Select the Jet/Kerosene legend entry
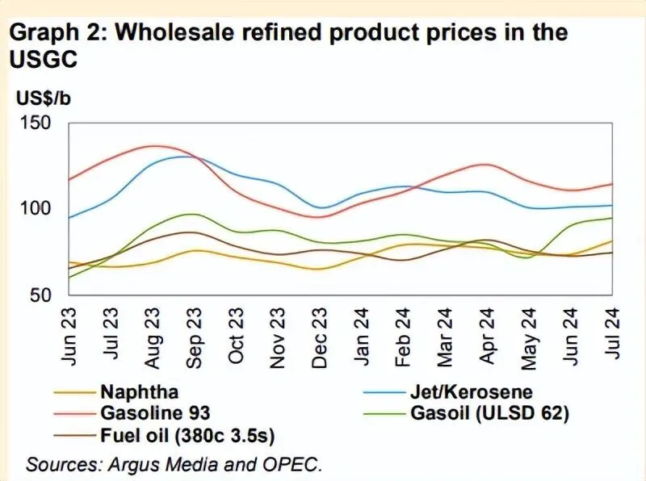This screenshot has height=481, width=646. pyautogui.click(x=471, y=392)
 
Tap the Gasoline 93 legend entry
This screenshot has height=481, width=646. pyautogui.click(x=155, y=413)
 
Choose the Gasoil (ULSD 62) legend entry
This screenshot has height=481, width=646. pyautogui.click(x=489, y=414)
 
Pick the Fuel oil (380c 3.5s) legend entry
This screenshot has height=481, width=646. pyautogui.click(x=187, y=437)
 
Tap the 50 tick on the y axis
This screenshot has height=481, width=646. pyautogui.click(x=40, y=295)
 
